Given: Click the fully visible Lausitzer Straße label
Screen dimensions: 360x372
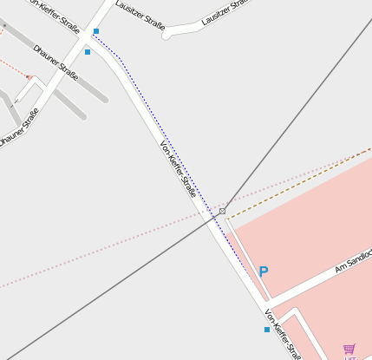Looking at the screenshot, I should tap(140, 16).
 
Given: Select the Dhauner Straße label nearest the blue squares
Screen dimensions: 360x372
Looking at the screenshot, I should tap(55, 62).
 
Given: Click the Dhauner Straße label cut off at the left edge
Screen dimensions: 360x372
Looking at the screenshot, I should tap(19, 126).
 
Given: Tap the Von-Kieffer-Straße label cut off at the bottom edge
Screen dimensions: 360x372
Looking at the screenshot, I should tap(284, 335).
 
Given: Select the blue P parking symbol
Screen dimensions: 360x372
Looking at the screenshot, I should tap(264, 272).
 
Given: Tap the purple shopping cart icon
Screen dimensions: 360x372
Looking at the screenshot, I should tap(349, 348).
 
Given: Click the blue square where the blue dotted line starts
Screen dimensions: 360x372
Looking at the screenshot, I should tap(96, 31).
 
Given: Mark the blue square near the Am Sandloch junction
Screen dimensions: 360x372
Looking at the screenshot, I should tap(266, 330).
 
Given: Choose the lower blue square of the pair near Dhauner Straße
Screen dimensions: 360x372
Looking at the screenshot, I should tap(88, 52).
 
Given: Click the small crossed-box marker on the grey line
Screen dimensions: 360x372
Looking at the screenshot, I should tap(222, 211).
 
